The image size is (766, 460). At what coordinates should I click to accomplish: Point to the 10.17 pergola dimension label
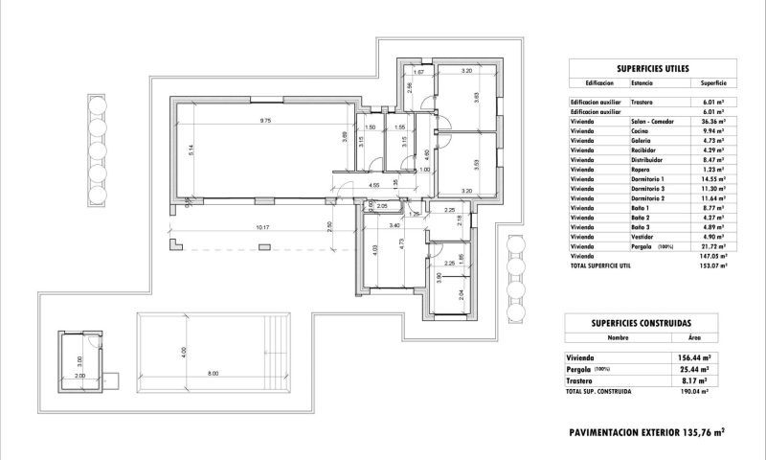pyautogui.click(x=263, y=228)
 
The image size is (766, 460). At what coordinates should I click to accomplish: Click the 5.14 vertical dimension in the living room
pyautogui.click(x=191, y=150)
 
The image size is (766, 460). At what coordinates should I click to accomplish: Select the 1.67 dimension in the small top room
pyautogui.click(x=418, y=73)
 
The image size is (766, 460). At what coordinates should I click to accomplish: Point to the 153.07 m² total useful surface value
pyautogui.click(x=711, y=265)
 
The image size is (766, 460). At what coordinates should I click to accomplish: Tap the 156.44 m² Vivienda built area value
pyautogui.click(x=692, y=357)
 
